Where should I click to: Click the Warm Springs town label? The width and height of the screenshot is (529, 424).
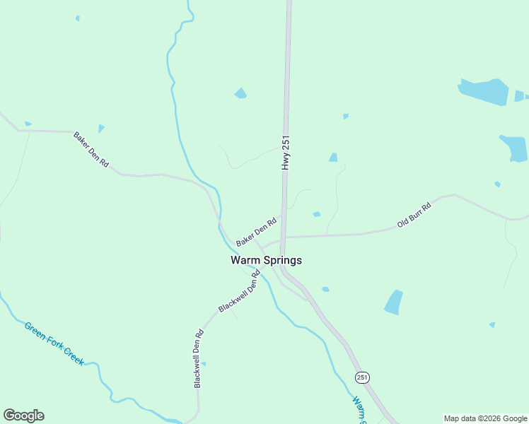[266, 260]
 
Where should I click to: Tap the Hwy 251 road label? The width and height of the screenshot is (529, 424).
[286, 152]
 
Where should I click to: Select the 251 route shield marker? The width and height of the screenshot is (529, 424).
[363, 377]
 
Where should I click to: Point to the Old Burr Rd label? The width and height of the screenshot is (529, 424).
[414, 213]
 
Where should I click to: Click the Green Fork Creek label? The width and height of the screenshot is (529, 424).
[54, 344]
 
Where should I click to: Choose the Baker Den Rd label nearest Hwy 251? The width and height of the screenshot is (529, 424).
[255, 232]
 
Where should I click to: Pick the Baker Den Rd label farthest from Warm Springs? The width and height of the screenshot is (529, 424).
[91, 149]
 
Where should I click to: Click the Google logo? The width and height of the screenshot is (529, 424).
[23, 416]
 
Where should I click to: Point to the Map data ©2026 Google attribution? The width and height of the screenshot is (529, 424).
[486, 418]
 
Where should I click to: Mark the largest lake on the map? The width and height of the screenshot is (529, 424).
[484, 92]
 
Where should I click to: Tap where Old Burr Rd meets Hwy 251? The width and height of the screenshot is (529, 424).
[284, 237]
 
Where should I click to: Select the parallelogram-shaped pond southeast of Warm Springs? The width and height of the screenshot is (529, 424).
[393, 302]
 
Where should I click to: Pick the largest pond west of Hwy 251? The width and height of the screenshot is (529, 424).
[241, 93]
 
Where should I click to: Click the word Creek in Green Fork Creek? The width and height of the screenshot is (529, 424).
[71, 355]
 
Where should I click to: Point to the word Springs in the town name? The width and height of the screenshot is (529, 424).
[283, 260]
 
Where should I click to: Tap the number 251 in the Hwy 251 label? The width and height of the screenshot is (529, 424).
[286, 143]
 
